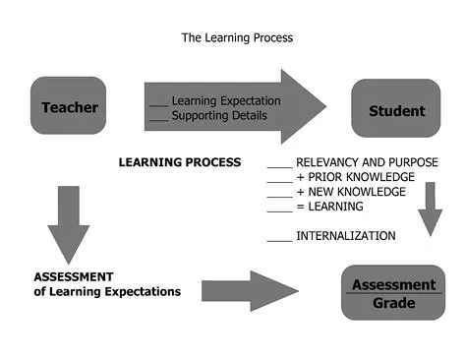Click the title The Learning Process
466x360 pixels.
[x=237, y=38]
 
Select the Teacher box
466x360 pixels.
[x=68, y=105]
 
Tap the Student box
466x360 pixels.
[x=396, y=110]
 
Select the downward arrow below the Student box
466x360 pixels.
[x=429, y=208]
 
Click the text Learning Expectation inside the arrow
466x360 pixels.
[x=226, y=100]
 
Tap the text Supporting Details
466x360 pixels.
[x=218, y=115]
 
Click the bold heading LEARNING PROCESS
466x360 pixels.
[x=179, y=162]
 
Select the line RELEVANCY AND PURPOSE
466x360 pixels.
[x=367, y=162]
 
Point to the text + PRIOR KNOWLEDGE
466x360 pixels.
[x=351, y=177]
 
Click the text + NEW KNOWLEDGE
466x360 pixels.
[x=350, y=192]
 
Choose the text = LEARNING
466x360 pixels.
[x=329, y=207]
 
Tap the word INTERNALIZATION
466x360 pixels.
[x=345, y=236]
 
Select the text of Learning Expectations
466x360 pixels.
[x=100, y=291]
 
